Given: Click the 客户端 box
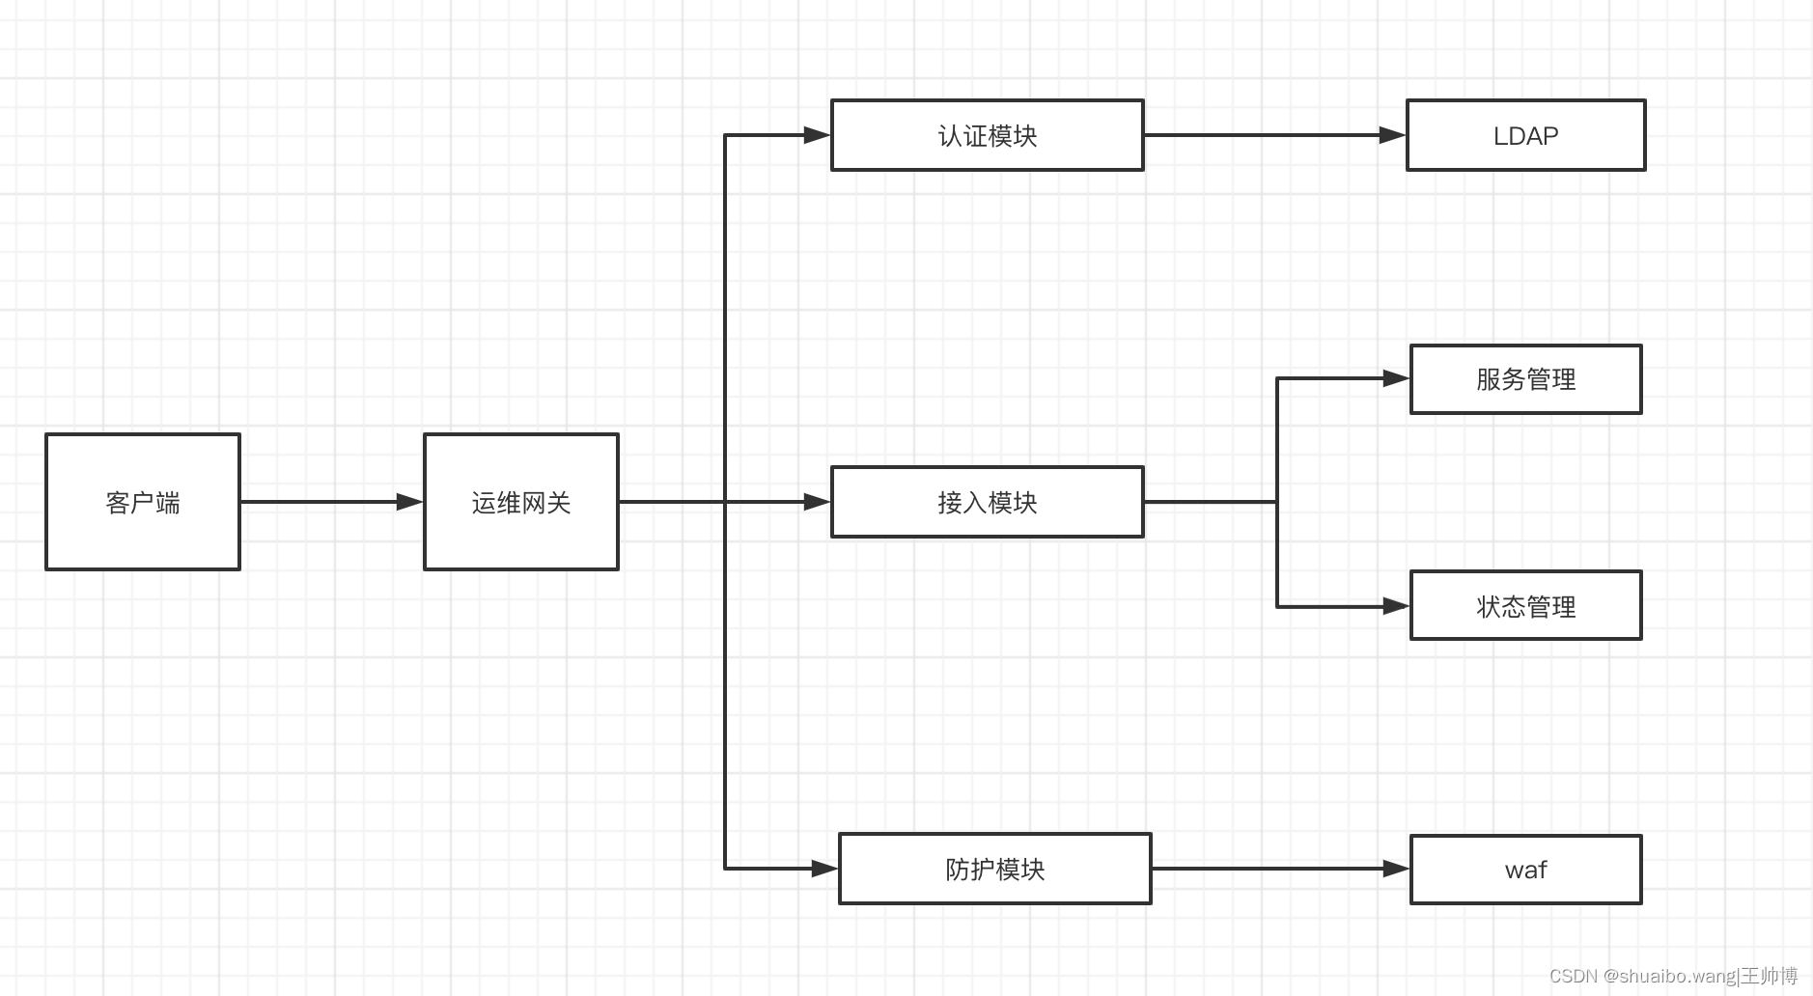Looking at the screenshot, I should point(143,502).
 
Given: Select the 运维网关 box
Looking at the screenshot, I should point(521,502).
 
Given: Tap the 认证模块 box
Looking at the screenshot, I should point(987,135).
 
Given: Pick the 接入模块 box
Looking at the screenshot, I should point(987,502).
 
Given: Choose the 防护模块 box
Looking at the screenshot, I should point(994,869).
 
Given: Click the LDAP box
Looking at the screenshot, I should point(1525,135).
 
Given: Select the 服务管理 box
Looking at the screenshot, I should point(1525,379).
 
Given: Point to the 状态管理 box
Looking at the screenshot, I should point(1525,606).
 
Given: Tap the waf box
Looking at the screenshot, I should point(1525,870).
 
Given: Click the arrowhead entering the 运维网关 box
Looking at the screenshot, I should point(409,502).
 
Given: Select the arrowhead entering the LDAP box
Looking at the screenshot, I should point(1392,135).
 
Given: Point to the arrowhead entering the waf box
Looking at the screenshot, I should point(1396,869).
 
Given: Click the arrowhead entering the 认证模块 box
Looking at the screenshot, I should point(817,135).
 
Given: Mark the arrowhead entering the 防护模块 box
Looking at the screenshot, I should point(824,869).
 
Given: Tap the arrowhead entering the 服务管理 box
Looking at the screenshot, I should point(1396,378).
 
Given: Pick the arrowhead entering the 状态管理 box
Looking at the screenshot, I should point(1396,606).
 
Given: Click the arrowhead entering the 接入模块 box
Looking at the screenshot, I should point(817,502).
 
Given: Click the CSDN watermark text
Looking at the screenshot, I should point(1673,976).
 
